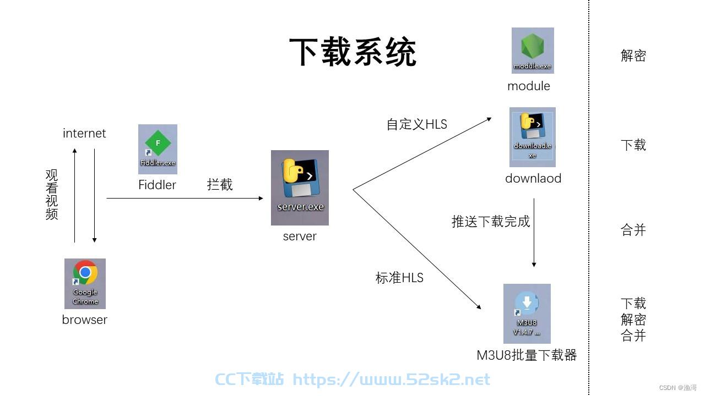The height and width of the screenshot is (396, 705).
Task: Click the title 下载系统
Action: tap(353, 52)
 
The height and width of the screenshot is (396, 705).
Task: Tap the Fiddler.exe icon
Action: tap(158, 149)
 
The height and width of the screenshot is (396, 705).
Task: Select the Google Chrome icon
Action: tap(85, 283)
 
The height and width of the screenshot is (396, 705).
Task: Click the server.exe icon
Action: tap(300, 188)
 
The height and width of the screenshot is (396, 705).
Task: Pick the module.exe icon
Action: tap(533, 50)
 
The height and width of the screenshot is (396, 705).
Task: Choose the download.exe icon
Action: tap(533, 137)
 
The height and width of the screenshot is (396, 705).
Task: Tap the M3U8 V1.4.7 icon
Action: tap(527, 313)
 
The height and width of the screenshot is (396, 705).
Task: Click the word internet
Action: tap(84, 133)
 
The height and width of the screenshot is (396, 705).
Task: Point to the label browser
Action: tap(85, 320)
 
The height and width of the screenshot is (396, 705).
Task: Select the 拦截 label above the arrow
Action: tap(220, 184)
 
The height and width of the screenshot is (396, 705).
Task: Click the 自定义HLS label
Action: tap(417, 124)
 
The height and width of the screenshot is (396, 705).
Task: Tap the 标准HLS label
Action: tap(399, 278)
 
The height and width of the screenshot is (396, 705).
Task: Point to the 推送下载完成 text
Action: tap(491, 221)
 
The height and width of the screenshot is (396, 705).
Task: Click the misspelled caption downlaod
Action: tap(533, 178)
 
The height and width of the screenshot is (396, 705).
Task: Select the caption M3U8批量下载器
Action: tap(527, 355)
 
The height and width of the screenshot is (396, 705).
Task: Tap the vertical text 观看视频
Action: tap(52, 195)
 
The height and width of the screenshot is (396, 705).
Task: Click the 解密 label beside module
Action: tap(633, 56)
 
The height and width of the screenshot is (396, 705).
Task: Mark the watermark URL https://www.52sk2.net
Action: tap(391, 380)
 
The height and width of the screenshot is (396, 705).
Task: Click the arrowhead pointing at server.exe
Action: tap(261, 199)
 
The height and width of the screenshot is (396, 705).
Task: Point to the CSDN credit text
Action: tap(677, 388)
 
